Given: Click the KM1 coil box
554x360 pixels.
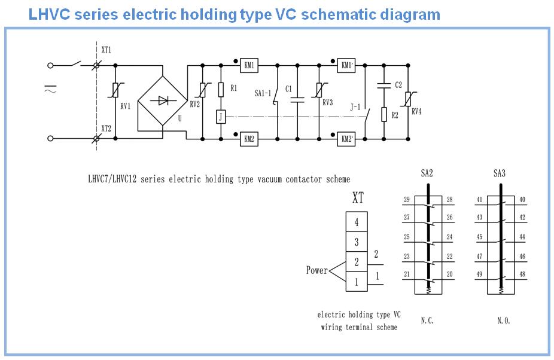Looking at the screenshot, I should pos(249,65).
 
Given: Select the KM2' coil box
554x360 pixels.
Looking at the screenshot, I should pos(346,139).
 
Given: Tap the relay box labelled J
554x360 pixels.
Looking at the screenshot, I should pos(221,116).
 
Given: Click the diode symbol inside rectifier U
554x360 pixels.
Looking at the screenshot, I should pos(162,101).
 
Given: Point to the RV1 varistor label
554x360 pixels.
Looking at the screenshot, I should pos(124,106).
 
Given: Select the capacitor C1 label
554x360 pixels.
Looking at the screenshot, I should pos(288,89).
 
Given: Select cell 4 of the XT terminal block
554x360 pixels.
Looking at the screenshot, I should pos(357,222).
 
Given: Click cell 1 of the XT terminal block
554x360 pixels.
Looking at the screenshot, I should pos(357,282).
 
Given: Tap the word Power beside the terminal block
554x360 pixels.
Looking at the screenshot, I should pos(317,270).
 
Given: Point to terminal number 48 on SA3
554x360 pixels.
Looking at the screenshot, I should pos(522,275).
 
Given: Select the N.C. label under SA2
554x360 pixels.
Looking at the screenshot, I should pos(427,321).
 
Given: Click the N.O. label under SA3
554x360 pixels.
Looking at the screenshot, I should pos(503,321).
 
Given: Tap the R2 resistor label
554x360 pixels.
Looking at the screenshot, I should pos(394,113).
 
